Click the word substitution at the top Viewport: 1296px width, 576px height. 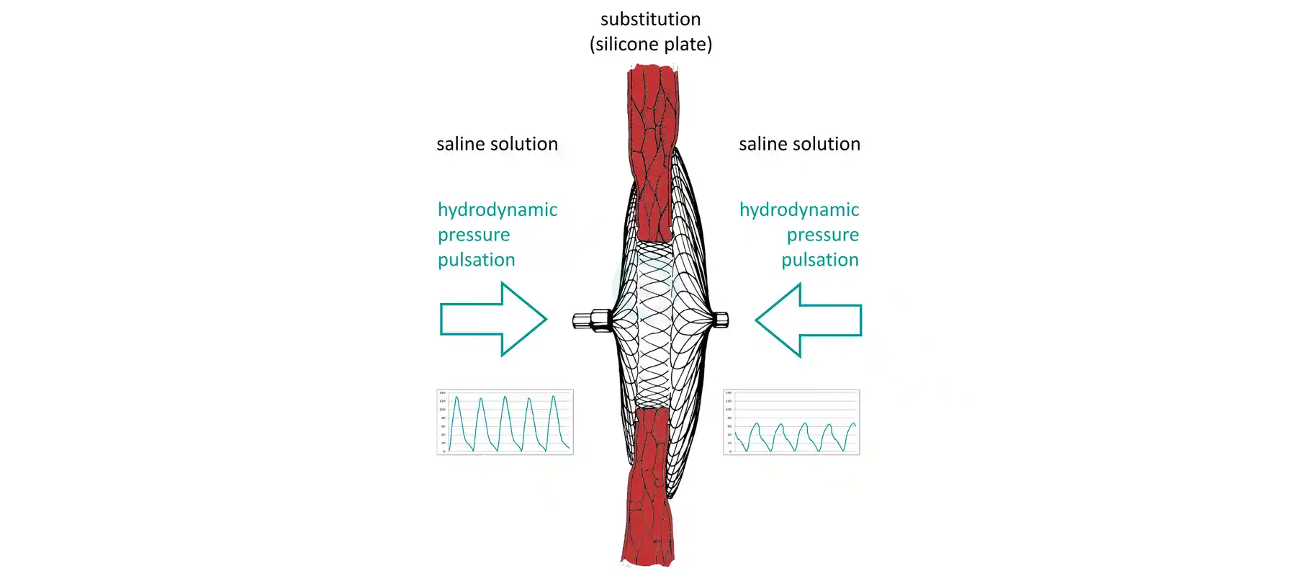(650, 19)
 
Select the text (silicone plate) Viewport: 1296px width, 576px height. (650, 45)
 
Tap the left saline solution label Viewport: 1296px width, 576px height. (497, 144)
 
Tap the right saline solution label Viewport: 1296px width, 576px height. (799, 144)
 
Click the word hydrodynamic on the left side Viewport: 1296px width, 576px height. (498, 210)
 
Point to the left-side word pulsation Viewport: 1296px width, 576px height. (476, 260)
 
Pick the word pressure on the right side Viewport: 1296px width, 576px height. (822, 235)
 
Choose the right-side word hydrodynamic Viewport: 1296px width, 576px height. (799, 210)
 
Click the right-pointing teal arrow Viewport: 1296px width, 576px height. (493, 319)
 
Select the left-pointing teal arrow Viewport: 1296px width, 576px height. (809, 320)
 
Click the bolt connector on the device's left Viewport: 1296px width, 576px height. (593, 320)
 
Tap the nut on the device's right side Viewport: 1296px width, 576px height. (720, 319)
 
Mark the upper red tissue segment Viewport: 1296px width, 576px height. (652, 144)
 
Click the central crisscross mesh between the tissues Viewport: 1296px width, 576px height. (654, 324)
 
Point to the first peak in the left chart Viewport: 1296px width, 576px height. (456, 397)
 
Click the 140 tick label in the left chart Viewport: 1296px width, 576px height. (442, 393)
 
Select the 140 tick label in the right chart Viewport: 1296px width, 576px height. (729, 393)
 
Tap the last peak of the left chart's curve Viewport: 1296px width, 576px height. (554, 397)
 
